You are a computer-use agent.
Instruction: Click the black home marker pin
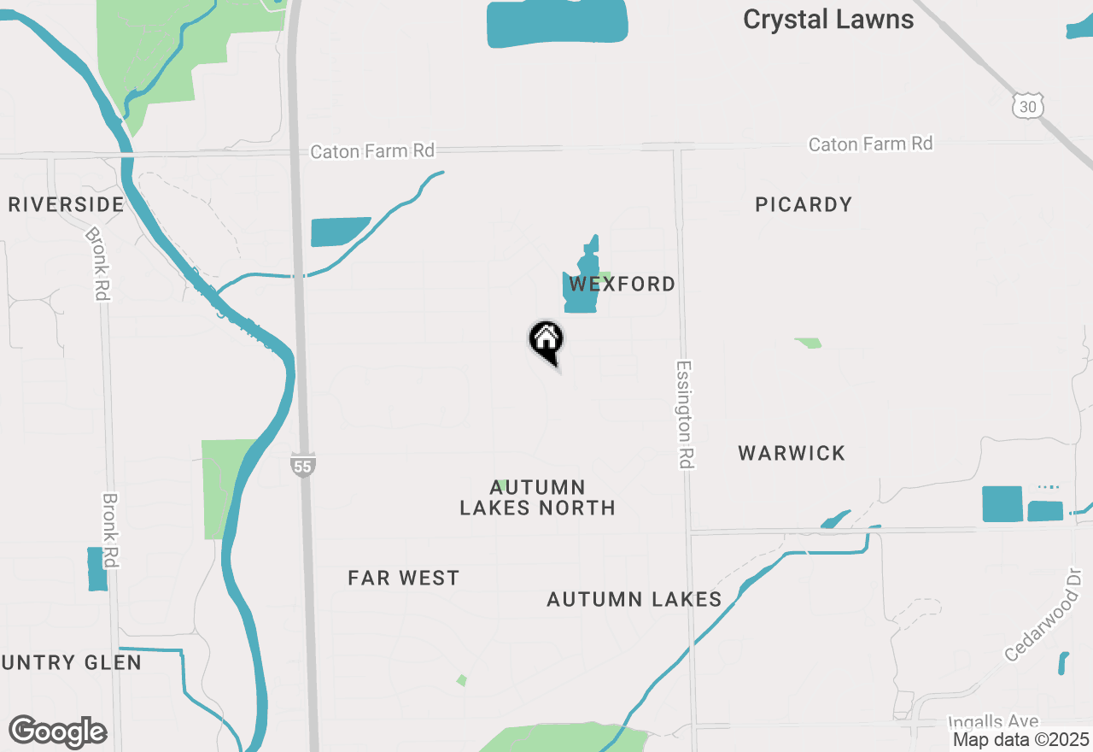click(x=546, y=341)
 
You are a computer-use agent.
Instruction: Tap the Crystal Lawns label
click(x=827, y=20)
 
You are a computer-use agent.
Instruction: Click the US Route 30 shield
click(x=1027, y=106)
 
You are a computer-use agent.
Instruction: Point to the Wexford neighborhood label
click(x=622, y=284)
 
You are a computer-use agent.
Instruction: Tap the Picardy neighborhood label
click(x=804, y=204)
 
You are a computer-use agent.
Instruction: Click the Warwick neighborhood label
click(x=792, y=453)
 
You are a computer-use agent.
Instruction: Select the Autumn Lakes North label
click(x=537, y=497)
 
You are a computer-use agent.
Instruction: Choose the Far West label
click(x=404, y=579)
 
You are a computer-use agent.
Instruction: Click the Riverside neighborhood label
click(x=67, y=204)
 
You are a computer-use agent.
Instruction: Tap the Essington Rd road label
click(x=684, y=414)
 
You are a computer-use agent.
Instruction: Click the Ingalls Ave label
click(x=993, y=723)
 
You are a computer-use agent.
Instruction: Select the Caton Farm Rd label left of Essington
click(x=372, y=151)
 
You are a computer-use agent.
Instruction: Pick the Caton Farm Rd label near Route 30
click(x=870, y=144)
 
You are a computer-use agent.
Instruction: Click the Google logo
click(x=57, y=731)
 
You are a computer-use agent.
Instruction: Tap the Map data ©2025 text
click(x=1021, y=739)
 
